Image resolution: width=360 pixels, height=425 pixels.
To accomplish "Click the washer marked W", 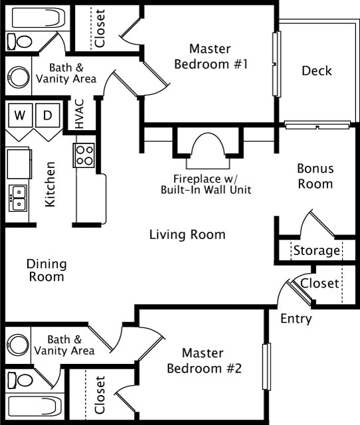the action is coord(20,115).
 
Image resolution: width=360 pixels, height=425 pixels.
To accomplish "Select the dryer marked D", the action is coord(48,115).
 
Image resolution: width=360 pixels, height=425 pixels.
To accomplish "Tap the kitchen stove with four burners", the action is coord(84,155).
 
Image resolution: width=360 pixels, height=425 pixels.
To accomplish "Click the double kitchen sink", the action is coord(18,198).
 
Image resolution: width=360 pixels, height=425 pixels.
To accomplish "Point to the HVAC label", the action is coord(80,114).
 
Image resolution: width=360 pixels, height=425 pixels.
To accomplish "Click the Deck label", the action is coord(317,71).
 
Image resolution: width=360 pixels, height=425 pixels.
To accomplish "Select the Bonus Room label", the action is coord(315,176).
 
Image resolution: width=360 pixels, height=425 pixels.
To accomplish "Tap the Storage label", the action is coord(317,251).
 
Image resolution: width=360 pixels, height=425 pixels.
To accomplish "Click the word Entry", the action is coord(296,319).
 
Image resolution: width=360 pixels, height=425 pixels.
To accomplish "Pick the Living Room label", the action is coord(187,234).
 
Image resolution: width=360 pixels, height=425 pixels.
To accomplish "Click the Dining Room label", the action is coord(46,270).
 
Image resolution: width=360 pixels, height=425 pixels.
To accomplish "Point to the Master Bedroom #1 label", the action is coord(211,56).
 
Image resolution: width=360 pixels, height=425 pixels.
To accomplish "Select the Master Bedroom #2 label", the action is coord(204,361).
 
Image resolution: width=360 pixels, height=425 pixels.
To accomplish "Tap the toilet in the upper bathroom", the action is coord(19,41).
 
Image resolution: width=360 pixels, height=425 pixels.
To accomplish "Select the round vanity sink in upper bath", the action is coord(19,77).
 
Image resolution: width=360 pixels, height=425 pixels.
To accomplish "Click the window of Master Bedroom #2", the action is coord(266,367).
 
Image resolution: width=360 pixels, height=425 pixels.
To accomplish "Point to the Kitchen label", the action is coord(50,185).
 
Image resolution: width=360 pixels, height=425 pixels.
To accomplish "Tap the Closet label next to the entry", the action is coord(319,284).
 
